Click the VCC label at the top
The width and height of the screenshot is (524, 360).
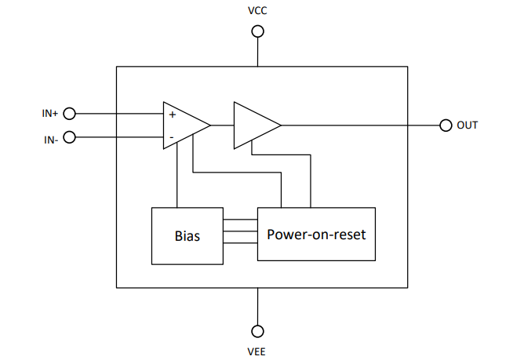pos(257,12)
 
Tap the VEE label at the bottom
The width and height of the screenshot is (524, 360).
pos(257,351)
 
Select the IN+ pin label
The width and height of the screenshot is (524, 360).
pos(50,113)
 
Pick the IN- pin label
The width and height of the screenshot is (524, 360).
pos(50,139)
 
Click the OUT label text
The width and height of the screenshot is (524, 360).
pos(468,125)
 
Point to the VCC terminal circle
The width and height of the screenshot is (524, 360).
pos(257,31)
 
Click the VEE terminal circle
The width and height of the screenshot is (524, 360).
pos(257,331)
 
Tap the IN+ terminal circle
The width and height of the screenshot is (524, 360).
pos(69,113)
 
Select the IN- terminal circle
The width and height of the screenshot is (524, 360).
pos(69,138)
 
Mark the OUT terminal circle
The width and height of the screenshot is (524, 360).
pos(446,125)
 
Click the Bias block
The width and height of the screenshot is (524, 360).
pos(187,235)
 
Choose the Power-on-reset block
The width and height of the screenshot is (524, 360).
pos(316,235)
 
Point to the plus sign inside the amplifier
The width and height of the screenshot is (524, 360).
pos(172,115)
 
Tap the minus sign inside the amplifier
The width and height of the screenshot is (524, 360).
pos(171,137)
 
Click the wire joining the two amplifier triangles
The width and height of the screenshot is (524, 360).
pos(222,125)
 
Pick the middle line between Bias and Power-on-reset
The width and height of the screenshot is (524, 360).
pos(240,232)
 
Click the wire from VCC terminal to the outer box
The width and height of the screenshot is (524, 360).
pos(257,52)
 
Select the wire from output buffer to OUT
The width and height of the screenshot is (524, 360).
pos(361,125)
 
